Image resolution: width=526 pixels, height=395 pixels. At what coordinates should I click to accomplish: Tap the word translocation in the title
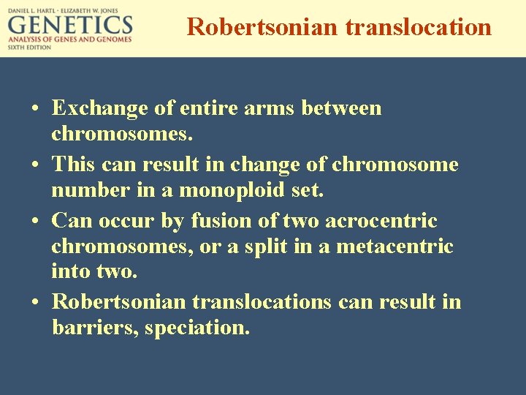418,27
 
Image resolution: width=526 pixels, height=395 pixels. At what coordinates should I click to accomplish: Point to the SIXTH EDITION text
30,47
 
